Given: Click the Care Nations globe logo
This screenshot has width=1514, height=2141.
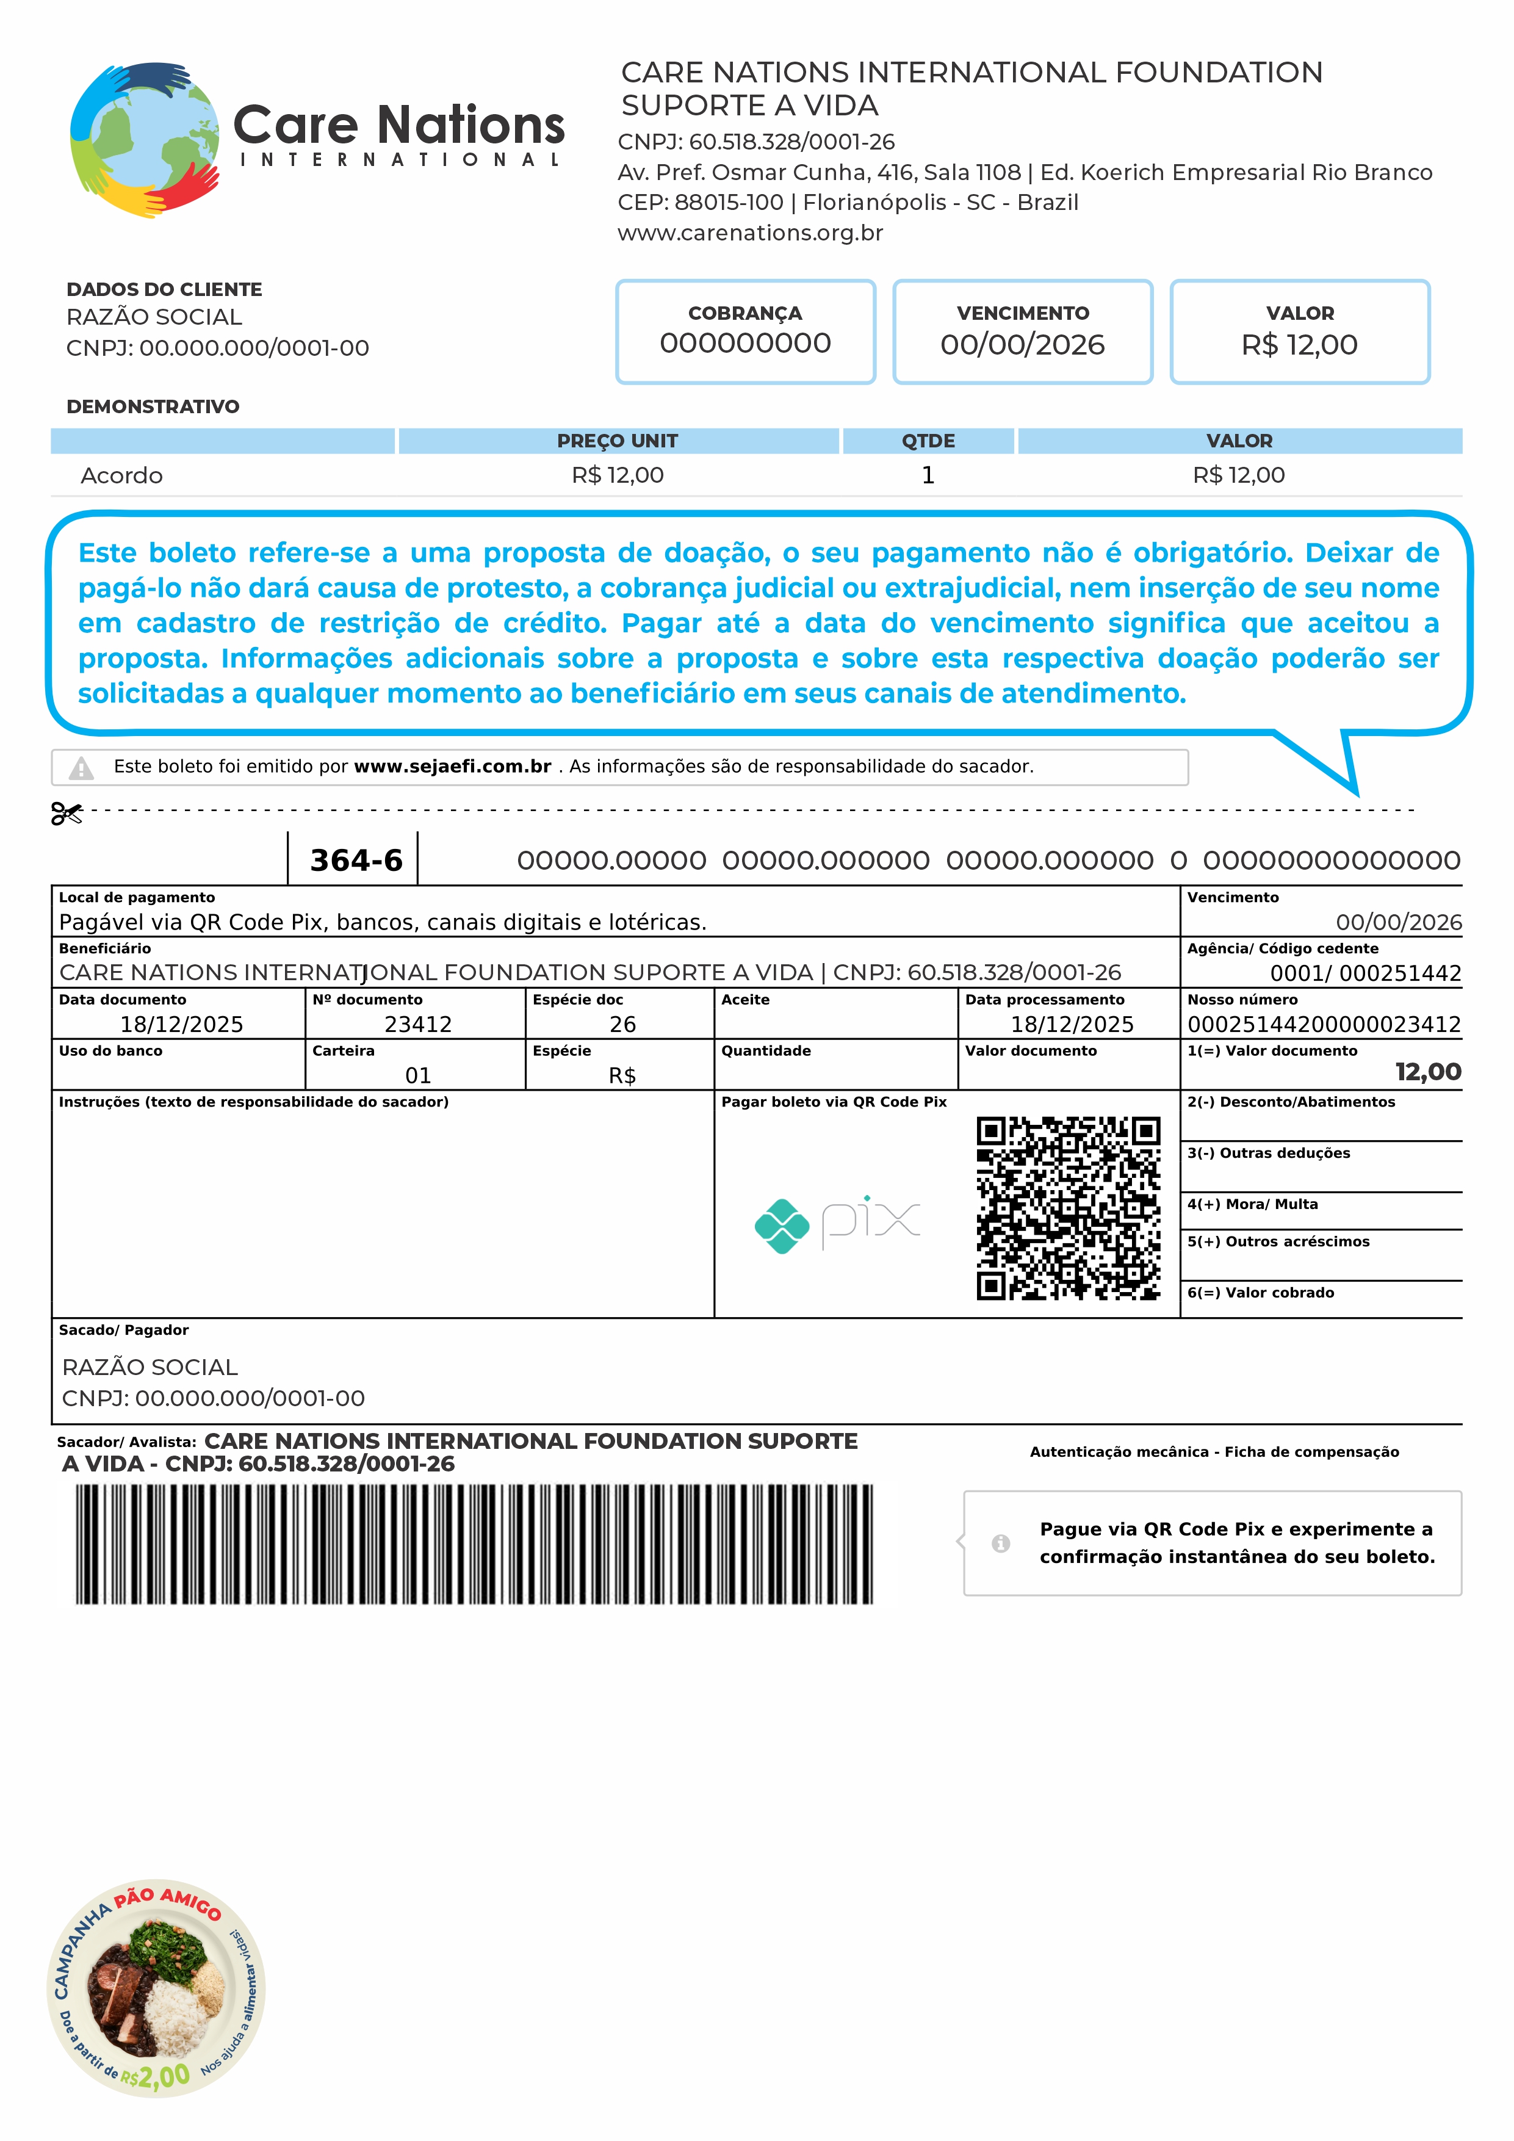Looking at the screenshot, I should click(145, 140).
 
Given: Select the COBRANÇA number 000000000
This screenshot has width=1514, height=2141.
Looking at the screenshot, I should click(745, 343).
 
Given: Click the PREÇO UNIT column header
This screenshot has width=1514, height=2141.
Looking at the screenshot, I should click(617, 441).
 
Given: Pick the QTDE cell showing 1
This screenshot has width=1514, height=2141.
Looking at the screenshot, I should click(928, 475).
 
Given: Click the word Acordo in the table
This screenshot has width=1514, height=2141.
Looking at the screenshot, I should click(121, 475).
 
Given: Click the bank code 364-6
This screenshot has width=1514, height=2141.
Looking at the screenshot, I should click(356, 860).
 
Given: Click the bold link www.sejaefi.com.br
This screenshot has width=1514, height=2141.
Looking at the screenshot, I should click(452, 767).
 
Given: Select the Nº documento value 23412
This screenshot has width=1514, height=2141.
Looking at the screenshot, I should click(417, 1025).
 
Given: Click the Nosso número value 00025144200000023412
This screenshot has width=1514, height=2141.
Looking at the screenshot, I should click(1324, 1025).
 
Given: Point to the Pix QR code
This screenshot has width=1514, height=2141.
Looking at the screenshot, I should click(1069, 1208).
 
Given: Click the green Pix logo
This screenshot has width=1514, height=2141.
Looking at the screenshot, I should click(781, 1226).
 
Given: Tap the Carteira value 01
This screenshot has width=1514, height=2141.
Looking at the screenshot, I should click(417, 1076).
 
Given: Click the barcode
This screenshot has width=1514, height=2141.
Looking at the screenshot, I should click(474, 1543).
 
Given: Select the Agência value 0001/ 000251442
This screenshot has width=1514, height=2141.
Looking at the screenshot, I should click(1365, 973).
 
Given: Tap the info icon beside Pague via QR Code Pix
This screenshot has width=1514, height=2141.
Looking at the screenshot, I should click(1000, 1543).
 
